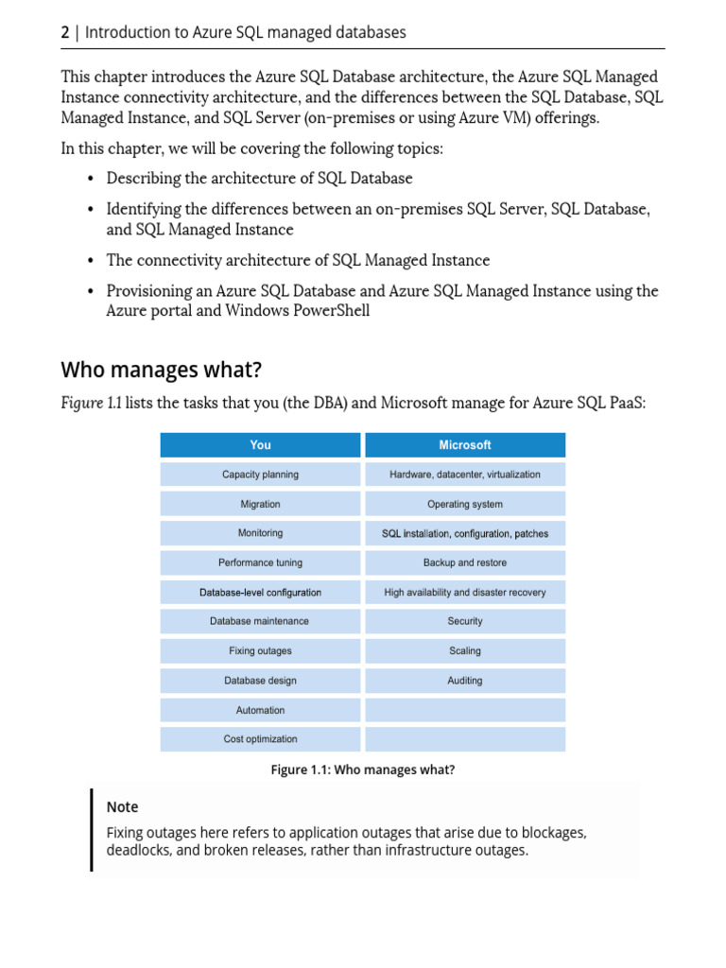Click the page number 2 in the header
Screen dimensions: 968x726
tap(65, 33)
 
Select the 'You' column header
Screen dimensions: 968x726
tap(260, 445)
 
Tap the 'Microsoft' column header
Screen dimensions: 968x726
tap(465, 445)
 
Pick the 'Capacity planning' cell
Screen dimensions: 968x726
tap(260, 475)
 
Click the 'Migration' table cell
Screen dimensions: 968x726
tap(260, 504)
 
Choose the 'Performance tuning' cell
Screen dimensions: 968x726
tap(260, 562)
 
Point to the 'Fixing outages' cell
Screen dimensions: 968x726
tap(260, 650)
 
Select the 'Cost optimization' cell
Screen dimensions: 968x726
tap(260, 739)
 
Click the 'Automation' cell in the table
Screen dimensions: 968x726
tap(260, 710)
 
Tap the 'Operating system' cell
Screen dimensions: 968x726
tap(465, 504)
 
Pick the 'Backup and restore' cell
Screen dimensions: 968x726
tap(465, 562)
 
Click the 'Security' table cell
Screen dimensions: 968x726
tap(465, 621)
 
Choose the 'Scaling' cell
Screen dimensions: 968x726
tap(465, 650)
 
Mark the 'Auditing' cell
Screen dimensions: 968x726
tap(465, 680)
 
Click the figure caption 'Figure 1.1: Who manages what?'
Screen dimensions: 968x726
tap(363, 770)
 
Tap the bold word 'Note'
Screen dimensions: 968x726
tap(122, 807)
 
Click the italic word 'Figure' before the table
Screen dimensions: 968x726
tap(81, 404)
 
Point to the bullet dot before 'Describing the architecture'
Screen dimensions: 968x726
tap(91, 179)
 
